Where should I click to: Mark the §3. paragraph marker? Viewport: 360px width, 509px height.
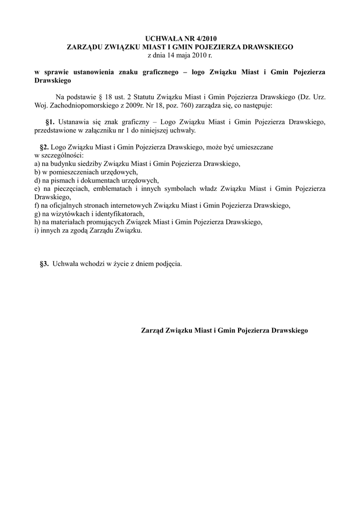tap(44, 264)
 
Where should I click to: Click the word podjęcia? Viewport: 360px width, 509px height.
tap(169, 264)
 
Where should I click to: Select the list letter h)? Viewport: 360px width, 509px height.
tap(38, 222)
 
